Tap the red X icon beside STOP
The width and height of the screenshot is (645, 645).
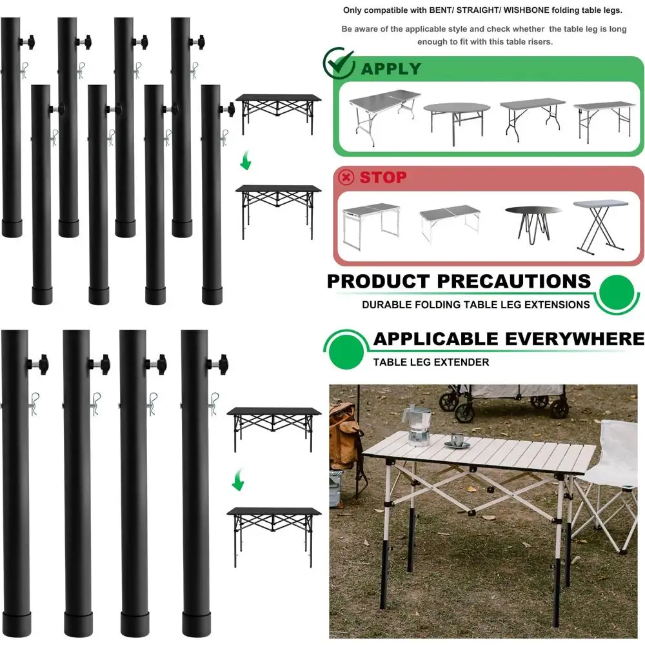click(x=346, y=177)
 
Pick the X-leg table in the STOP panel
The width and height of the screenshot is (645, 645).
click(x=600, y=224)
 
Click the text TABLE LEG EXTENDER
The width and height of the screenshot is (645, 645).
click(x=431, y=362)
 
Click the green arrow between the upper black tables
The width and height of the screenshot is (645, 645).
click(x=245, y=163)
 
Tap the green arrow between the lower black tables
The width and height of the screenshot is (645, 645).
click(x=237, y=479)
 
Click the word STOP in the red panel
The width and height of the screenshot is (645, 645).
click(x=383, y=177)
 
